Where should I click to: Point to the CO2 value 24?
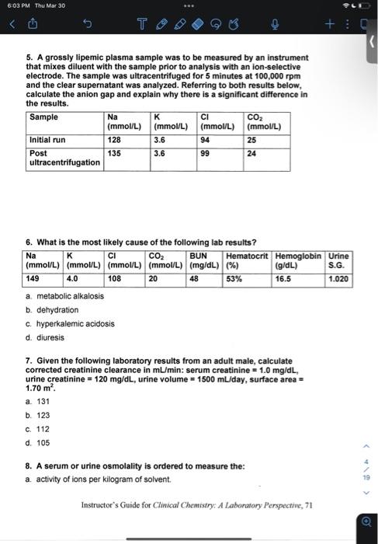[x=251, y=154]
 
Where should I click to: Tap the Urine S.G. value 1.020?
[x=338, y=277]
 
